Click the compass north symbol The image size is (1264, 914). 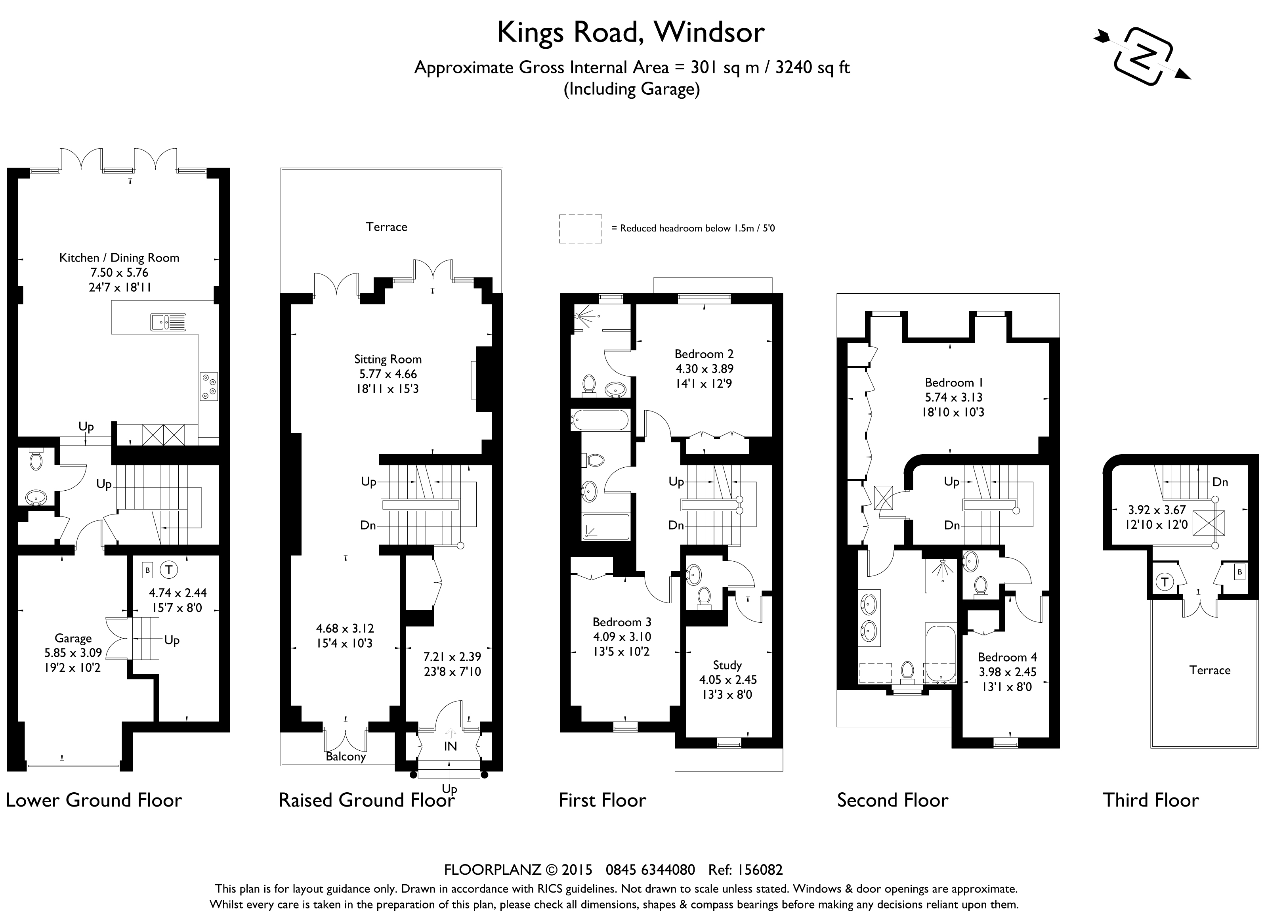pos(1142,57)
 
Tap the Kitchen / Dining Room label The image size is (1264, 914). pos(119,258)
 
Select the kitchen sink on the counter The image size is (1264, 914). pos(168,322)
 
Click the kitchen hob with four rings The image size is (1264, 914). pos(209,386)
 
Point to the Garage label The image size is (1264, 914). pos(73,638)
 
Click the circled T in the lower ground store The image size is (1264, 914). pos(168,570)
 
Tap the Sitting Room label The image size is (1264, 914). pos(388,359)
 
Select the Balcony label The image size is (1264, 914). pos(346,756)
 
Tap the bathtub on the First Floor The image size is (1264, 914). pos(600,420)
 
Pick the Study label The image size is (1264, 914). pos(727,665)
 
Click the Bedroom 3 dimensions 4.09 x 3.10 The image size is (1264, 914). pos(622,637)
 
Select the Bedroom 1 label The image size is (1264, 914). pos(953,382)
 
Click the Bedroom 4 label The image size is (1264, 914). pos(1007,657)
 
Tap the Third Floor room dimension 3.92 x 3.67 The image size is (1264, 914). pos(1157,509)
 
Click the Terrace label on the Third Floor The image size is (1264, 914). pos(1209,670)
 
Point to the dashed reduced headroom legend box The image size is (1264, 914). pos(580,228)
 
